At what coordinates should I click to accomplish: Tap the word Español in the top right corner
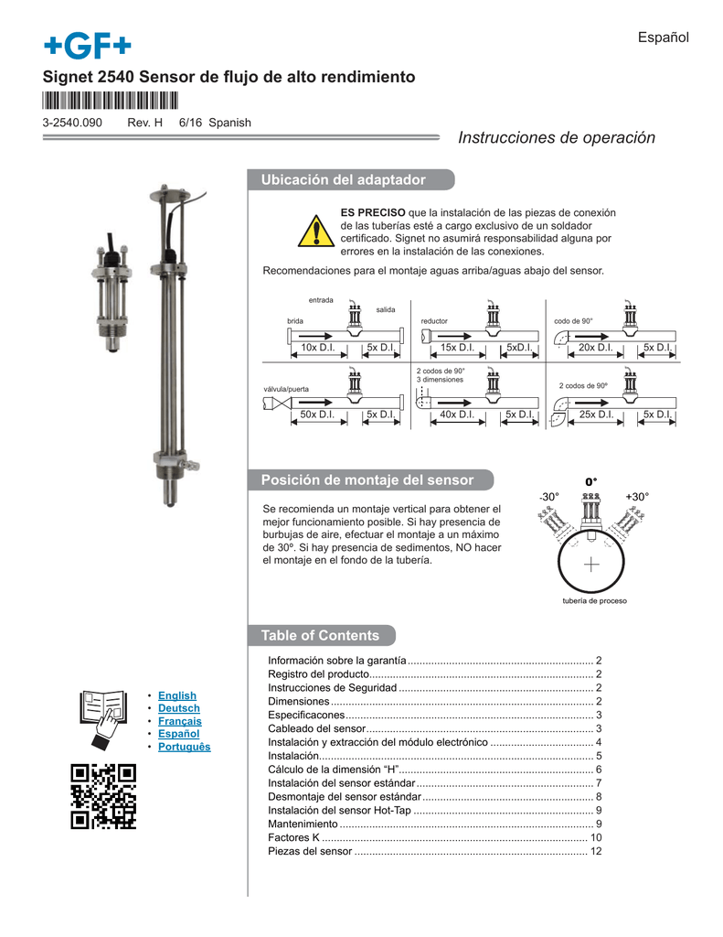[663, 37]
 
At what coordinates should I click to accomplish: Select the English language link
[177, 695]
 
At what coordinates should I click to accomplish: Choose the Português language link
[184, 747]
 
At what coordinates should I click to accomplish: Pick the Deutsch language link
[178, 708]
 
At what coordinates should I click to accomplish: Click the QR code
[103, 795]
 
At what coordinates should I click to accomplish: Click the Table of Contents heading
[320, 635]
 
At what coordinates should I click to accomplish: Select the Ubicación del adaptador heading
[344, 180]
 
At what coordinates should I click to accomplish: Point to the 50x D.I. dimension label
[318, 415]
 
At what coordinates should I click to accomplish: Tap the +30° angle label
[637, 496]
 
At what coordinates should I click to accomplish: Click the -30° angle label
[548, 496]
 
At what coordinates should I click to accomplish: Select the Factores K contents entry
[293, 837]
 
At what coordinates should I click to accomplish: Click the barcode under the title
[110, 101]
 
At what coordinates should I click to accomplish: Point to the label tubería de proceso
[593, 601]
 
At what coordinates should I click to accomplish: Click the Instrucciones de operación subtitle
[556, 138]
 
